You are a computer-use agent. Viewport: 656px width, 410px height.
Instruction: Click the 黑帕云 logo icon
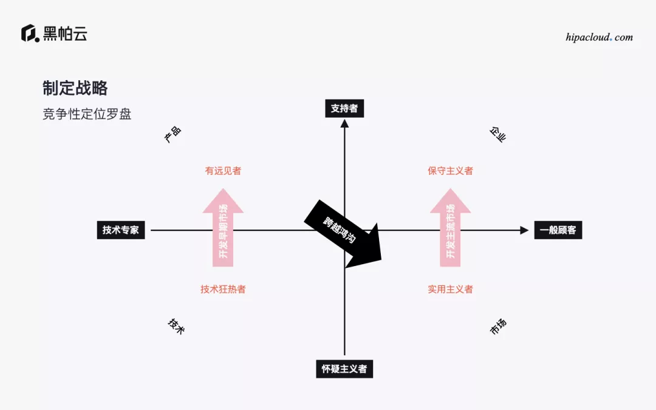click(30, 33)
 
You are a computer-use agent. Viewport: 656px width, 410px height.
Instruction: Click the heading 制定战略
click(75, 88)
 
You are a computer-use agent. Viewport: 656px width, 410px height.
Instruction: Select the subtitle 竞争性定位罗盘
click(87, 114)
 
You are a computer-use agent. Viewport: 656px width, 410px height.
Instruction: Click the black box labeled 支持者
click(344, 109)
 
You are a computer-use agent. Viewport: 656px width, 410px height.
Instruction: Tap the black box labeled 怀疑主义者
click(344, 369)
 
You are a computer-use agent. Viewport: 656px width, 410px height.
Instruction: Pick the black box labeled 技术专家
click(121, 230)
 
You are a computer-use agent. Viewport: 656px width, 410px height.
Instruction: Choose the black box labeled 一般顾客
click(558, 230)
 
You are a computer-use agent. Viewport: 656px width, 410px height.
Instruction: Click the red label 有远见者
click(223, 171)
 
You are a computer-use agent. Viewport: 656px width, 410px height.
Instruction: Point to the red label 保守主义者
click(450, 171)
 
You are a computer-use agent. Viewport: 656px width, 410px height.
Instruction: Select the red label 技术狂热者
click(223, 289)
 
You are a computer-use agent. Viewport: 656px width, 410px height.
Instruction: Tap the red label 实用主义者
click(450, 289)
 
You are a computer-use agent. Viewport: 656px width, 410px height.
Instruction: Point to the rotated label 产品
click(173, 134)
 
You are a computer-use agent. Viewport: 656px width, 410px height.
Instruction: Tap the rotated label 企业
click(497, 134)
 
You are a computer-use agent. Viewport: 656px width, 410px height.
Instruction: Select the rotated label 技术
click(176, 326)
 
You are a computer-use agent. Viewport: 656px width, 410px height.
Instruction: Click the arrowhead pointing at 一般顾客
click(524, 230)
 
